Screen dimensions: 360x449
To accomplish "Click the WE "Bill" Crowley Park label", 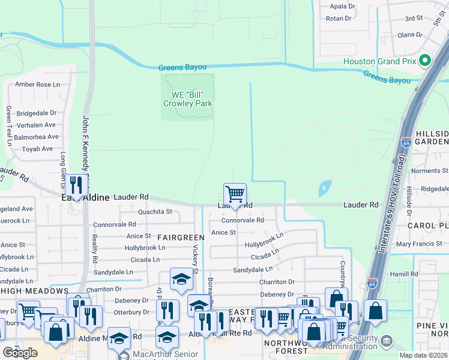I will (x=187, y=99).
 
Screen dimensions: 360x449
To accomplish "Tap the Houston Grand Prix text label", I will (x=379, y=61).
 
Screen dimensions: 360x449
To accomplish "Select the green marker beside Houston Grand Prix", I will (x=425, y=61).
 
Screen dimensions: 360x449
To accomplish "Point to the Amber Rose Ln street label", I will (x=41, y=85).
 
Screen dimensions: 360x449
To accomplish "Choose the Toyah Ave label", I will (x=38, y=149).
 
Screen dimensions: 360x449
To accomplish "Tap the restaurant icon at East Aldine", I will (x=76, y=185).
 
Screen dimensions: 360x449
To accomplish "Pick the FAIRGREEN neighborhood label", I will (x=178, y=238).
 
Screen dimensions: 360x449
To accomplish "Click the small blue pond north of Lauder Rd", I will (x=325, y=188).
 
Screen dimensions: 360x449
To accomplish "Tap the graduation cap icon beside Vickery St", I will (x=181, y=280).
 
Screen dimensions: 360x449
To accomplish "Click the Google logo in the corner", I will (x=20, y=353).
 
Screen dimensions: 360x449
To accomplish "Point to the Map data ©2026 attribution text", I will (x=423, y=356).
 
